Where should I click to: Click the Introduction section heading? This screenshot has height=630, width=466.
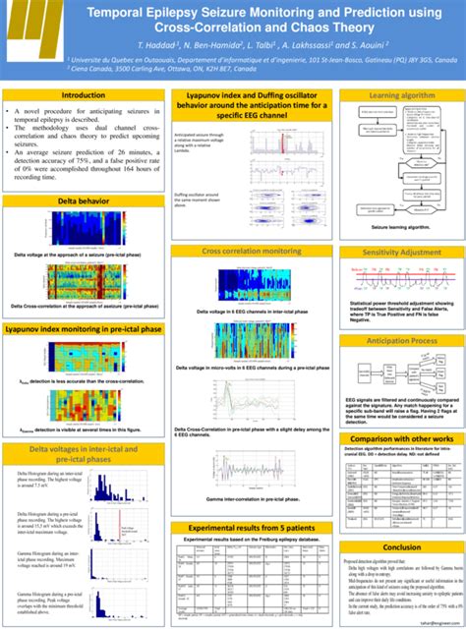84,95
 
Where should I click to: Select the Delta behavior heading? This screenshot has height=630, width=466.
84,200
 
